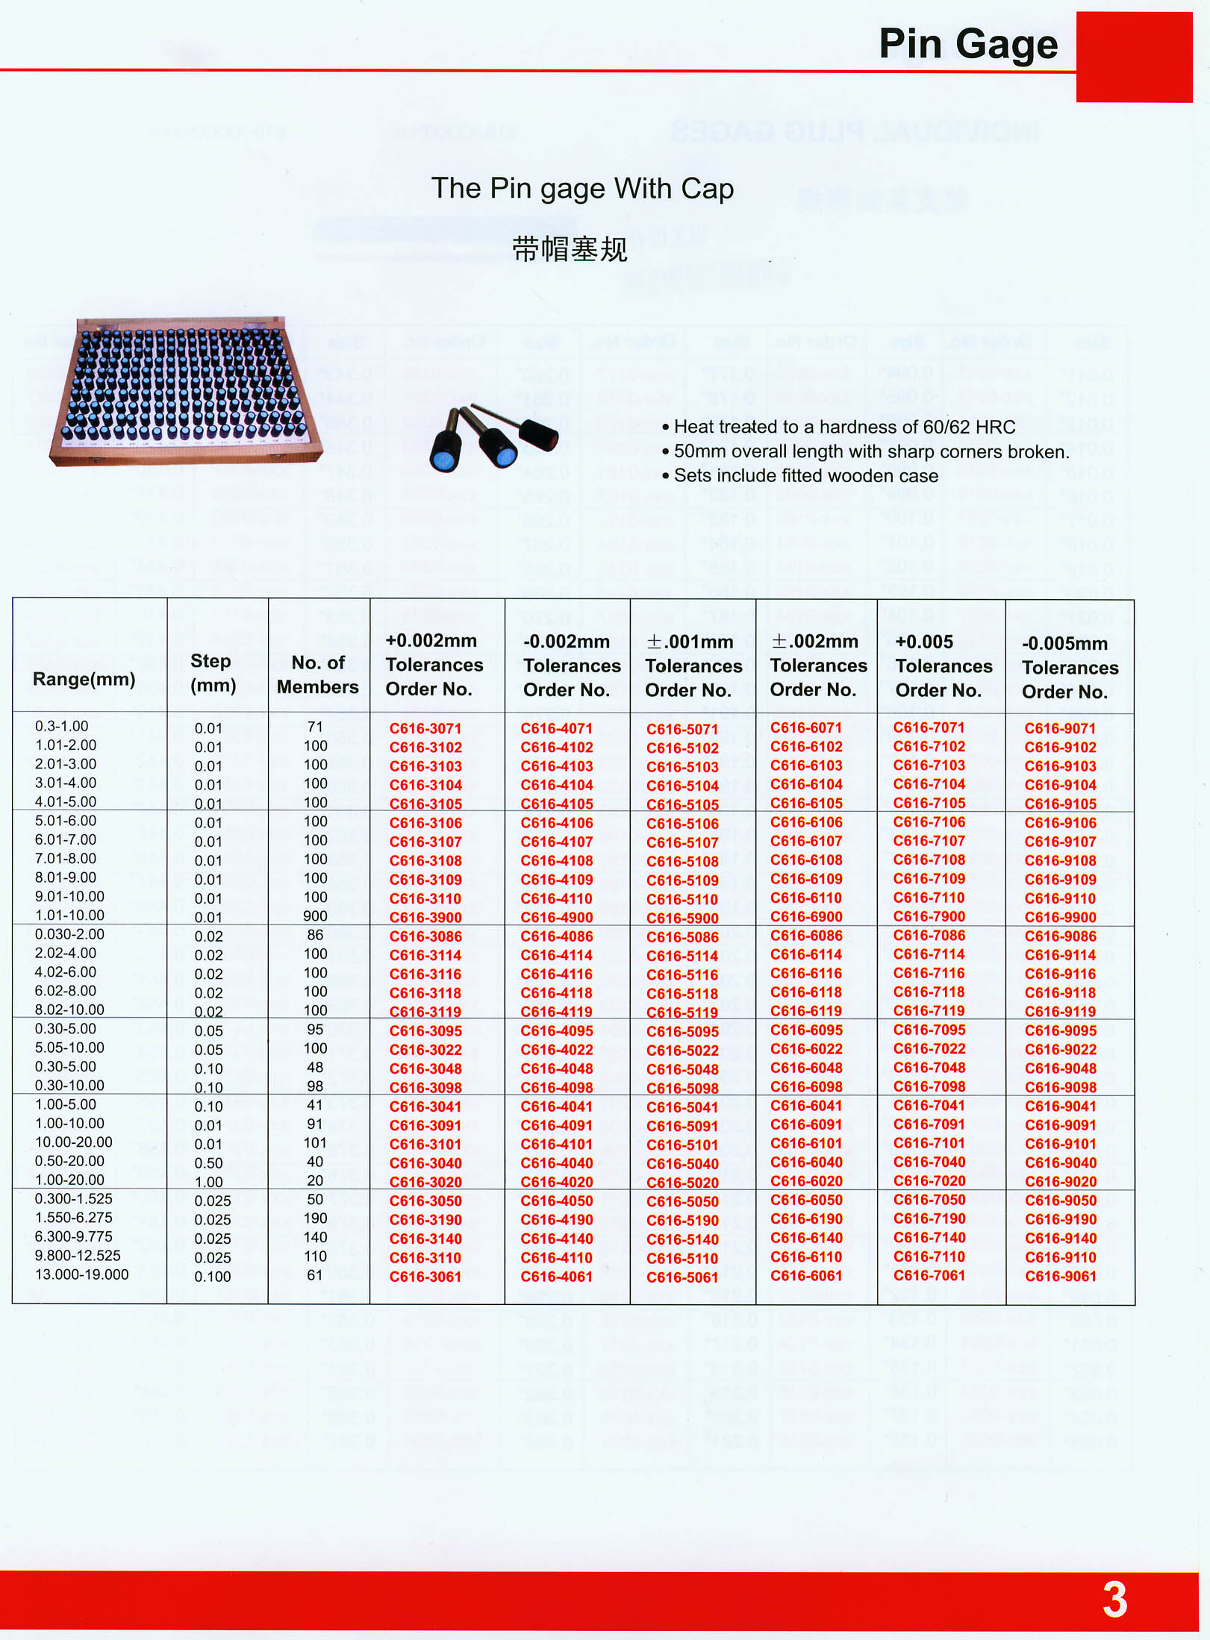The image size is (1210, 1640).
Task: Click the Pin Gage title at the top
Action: click(x=967, y=44)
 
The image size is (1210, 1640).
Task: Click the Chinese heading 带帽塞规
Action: click(x=570, y=249)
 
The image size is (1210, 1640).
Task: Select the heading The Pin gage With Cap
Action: click(x=582, y=189)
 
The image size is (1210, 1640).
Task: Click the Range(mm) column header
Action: click(x=84, y=679)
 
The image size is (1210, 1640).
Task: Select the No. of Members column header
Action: click(x=317, y=675)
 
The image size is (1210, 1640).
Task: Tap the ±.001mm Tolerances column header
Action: click(x=693, y=666)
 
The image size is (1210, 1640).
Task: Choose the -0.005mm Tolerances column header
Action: click(x=1069, y=667)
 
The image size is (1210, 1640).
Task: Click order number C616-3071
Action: click(x=425, y=728)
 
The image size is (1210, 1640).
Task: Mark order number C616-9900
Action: click(x=1060, y=918)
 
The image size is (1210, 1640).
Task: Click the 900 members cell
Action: click(x=315, y=916)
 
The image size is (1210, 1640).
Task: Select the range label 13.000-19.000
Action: click(x=82, y=1274)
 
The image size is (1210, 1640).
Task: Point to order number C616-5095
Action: click(x=682, y=1032)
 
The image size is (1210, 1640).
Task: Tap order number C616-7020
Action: click(x=929, y=1181)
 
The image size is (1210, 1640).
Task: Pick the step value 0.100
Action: click(x=212, y=1277)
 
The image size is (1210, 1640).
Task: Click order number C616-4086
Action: click(x=556, y=936)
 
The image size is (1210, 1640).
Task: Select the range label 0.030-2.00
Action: click(x=69, y=934)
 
